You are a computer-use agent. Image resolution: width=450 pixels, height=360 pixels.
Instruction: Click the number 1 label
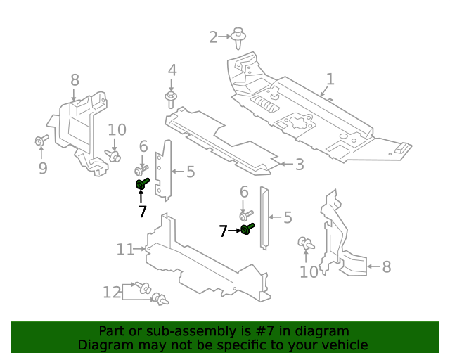[x=330, y=79]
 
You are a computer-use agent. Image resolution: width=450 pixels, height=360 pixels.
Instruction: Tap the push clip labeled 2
[x=239, y=36]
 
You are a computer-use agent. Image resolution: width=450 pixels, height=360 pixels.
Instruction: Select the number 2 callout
[x=213, y=37]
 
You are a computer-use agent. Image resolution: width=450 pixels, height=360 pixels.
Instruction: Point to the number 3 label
[x=299, y=165]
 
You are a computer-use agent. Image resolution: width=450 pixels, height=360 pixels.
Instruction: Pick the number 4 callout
[x=172, y=70]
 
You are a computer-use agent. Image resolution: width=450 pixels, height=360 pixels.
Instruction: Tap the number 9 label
[x=42, y=168]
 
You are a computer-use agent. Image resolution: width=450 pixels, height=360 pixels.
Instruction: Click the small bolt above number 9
[x=41, y=142]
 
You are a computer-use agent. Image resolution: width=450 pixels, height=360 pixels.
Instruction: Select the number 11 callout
[x=125, y=249]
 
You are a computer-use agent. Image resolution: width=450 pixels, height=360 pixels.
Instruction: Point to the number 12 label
[x=112, y=292]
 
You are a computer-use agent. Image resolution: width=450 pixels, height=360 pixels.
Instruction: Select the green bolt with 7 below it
[x=142, y=184]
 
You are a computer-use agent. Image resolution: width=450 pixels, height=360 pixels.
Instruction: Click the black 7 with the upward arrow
[x=142, y=212]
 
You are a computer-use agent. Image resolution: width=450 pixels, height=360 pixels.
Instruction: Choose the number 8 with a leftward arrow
[x=386, y=266]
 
